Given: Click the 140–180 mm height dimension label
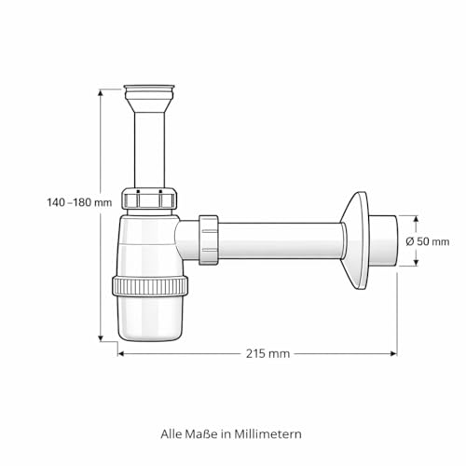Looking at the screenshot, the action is pos(79,202).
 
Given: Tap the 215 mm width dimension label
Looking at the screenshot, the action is pos(267,353).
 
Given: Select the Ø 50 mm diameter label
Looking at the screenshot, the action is pos(428,241).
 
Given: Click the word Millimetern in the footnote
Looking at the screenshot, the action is pos(267,434).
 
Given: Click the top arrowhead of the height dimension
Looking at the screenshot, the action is pos(101,92).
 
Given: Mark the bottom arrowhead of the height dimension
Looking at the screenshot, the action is pos(101,338).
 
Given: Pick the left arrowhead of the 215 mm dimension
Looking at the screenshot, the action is pos(121,353).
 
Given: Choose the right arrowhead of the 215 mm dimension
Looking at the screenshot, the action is pos(393,353).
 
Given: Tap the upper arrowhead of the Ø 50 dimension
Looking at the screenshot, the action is pos(417,219).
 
